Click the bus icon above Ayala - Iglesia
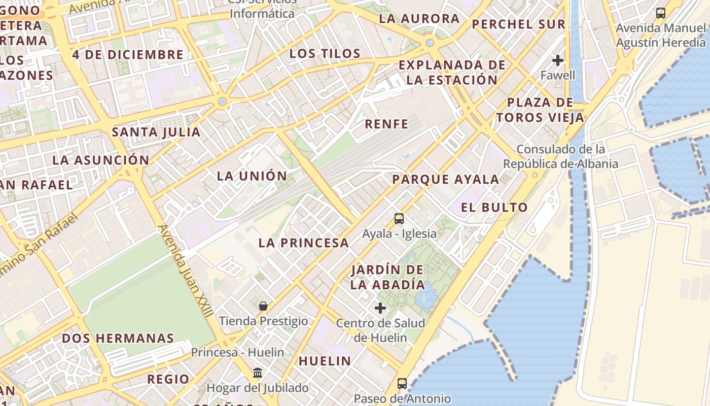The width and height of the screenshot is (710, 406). (x=399, y=219)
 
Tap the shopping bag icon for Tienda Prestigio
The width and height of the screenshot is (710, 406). (x=263, y=306)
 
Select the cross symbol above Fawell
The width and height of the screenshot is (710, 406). (x=558, y=60)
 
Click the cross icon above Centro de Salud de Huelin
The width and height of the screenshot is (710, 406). (x=380, y=308)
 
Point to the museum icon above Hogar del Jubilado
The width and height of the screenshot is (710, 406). (x=258, y=373)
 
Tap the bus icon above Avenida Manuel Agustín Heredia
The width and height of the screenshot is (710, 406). (x=660, y=13)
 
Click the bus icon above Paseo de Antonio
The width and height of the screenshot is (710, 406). (x=402, y=383)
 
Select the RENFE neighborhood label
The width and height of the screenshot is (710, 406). (x=386, y=124)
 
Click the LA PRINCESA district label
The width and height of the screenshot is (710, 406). (x=303, y=243)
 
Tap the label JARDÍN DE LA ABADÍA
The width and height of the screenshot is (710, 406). (x=387, y=277)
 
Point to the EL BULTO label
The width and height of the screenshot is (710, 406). (x=494, y=207)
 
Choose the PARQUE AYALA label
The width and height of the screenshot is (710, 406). (x=445, y=179)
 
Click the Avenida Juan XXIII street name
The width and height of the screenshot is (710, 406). (x=185, y=272)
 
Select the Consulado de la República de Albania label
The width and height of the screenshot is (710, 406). (x=560, y=156)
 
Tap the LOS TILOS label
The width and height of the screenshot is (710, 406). (x=325, y=53)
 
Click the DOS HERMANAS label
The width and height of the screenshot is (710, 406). (x=118, y=338)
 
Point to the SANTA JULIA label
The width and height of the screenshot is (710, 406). (x=156, y=132)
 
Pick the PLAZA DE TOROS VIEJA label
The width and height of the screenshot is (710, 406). (x=540, y=110)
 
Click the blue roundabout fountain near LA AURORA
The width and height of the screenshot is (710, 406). (x=430, y=43)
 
